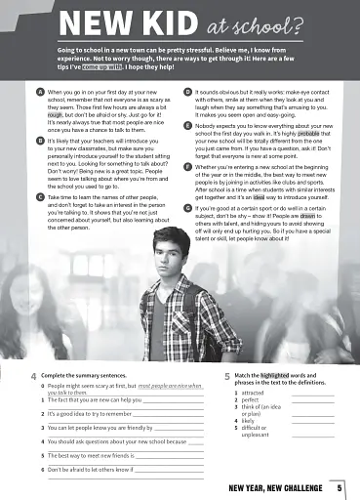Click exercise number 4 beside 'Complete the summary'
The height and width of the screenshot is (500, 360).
(x=33, y=376)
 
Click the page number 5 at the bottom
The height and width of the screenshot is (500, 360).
(x=340, y=487)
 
